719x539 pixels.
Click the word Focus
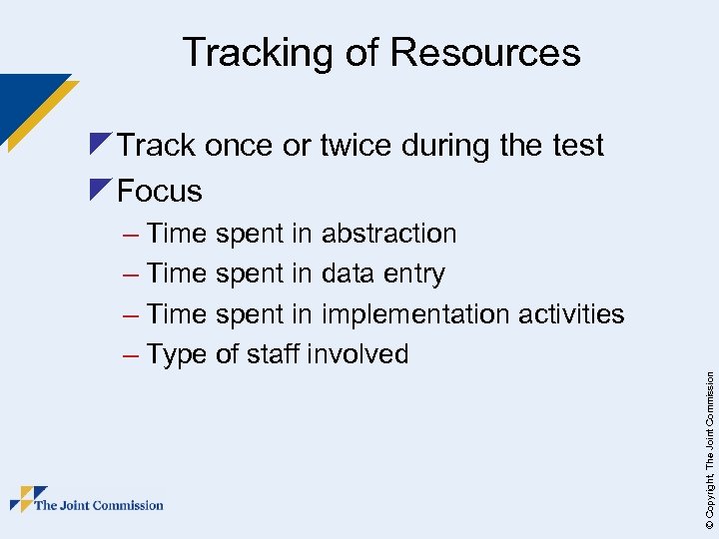(160, 190)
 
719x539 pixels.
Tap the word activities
(571, 314)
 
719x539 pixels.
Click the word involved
(359, 353)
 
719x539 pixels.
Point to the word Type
(176, 354)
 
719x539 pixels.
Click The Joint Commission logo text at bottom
(99, 505)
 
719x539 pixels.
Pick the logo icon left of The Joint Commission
(27, 499)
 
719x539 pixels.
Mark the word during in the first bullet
(445, 146)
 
